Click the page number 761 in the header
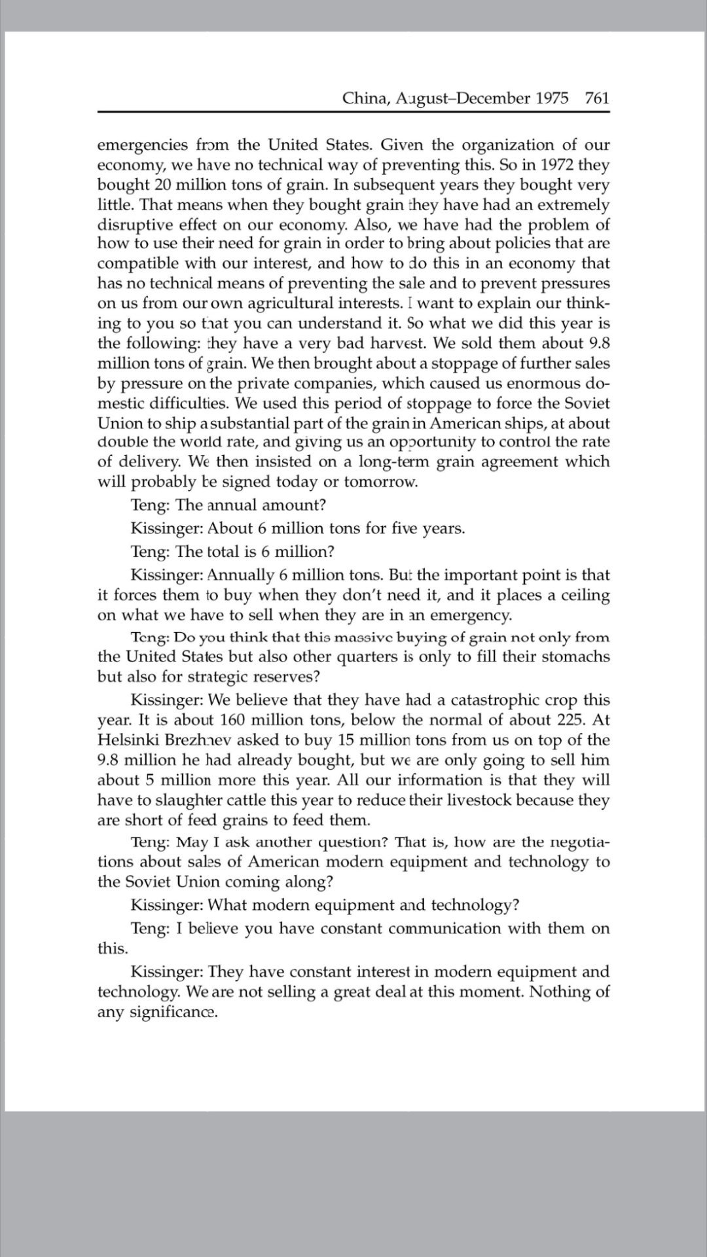[x=597, y=98]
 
